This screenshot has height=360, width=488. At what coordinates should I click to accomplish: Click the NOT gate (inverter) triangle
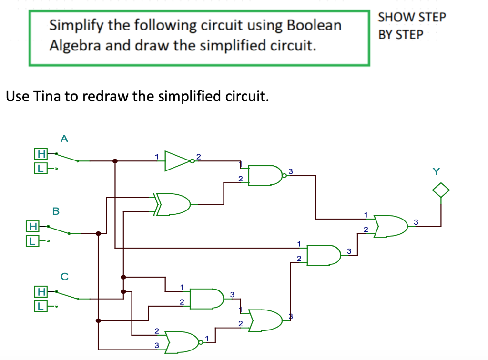pyautogui.click(x=177, y=161)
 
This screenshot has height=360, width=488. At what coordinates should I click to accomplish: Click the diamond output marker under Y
pyautogui.click(x=441, y=190)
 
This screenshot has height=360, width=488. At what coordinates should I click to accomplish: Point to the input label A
pyautogui.click(x=64, y=139)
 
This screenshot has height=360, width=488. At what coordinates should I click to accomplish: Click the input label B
pyautogui.click(x=55, y=210)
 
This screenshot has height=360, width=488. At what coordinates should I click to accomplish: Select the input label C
pyautogui.click(x=64, y=276)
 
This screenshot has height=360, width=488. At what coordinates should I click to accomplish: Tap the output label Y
pyautogui.click(x=436, y=170)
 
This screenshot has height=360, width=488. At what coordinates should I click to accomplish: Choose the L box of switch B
pyautogui.click(x=32, y=241)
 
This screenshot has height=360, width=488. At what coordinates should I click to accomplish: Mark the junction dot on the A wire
pyautogui.click(x=115, y=161)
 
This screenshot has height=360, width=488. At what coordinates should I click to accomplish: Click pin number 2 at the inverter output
pyautogui.click(x=199, y=156)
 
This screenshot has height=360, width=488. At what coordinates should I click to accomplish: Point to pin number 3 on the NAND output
pyautogui.click(x=290, y=170)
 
